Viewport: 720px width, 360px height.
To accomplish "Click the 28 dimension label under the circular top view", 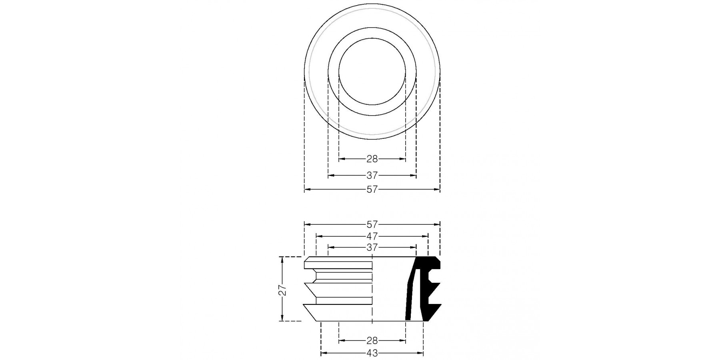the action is (x=372, y=159).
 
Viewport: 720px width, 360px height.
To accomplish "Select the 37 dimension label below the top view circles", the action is (x=372, y=175).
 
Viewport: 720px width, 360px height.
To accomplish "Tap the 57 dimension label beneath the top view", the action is (x=372, y=190).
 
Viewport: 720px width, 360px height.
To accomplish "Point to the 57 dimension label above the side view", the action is (x=372, y=225).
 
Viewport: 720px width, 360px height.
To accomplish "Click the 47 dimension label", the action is (x=372, y=236).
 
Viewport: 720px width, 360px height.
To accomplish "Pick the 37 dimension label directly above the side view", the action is (x=372, y=248).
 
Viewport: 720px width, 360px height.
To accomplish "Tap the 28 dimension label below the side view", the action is (x=372, y=341).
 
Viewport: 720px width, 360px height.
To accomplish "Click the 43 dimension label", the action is (x=372, y=353).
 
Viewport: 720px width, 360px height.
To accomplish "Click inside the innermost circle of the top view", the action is (x=372, y=72).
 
